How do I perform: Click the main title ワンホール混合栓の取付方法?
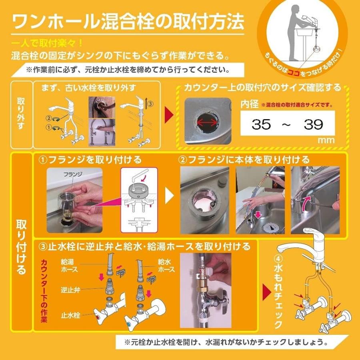point(128,22)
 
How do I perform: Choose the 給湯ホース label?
point(70,266)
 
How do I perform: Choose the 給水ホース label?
point(166,266)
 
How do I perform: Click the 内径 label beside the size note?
point(249,104)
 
